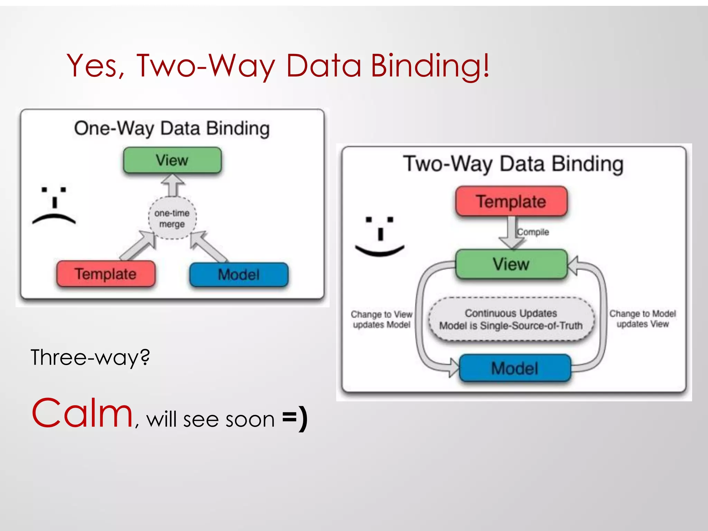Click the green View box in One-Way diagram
[172, 160]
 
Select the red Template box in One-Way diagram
[106, 274]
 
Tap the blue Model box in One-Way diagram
[239, 274]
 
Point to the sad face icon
[54, 206]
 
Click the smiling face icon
[380, 236]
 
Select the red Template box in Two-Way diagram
[511, 201]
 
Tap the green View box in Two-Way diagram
[511, 264]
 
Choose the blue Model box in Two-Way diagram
[515, 368]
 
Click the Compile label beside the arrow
[533, 232]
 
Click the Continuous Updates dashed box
[511, 319]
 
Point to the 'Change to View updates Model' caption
[382, 319]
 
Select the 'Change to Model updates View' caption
[642, 319]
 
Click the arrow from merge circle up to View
[173, 185]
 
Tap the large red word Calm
[83, 413]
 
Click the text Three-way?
[90, 357]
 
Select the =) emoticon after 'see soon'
[295, 418]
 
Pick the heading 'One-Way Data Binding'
[172, 129]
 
